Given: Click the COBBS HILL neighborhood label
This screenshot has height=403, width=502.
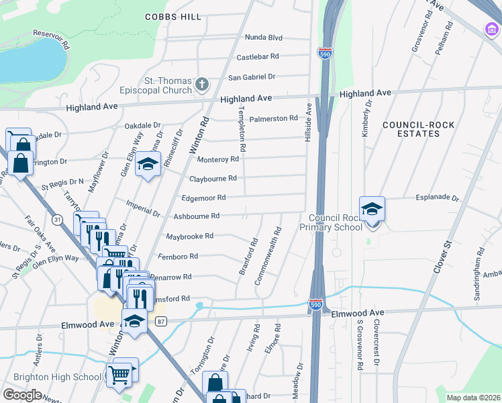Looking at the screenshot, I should [172, 16].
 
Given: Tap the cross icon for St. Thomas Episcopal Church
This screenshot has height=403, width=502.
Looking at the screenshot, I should [202, 85].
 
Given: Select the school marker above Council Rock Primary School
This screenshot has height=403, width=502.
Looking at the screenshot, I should [371, 208].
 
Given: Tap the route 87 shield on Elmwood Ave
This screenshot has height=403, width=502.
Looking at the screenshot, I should [160, 322].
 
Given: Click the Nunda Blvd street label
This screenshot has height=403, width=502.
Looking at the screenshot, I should [264, 38].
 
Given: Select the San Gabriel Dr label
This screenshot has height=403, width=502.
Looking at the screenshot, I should [253, 77].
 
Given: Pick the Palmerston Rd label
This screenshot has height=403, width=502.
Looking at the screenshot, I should [273, 119].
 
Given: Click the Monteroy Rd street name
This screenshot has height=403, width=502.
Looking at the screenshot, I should [217, 159].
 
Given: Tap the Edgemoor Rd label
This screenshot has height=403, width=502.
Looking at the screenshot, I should [203, 197].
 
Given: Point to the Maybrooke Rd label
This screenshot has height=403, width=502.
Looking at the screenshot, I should [189, 236].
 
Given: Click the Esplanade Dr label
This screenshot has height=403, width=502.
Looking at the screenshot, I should [436, 199].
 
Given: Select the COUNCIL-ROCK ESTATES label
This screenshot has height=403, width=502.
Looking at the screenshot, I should [411, 129].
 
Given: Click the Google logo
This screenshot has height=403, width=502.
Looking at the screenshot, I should [22, 394].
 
